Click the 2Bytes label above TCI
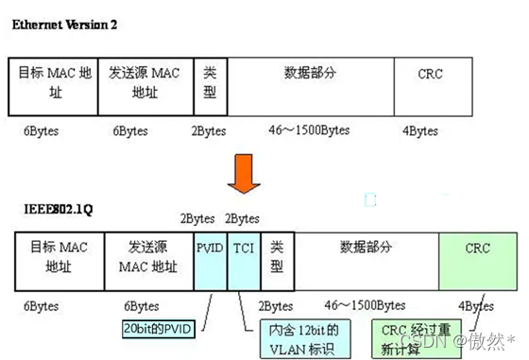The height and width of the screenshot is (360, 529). (243, 217)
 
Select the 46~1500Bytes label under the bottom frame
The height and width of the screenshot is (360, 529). (365, 306)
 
